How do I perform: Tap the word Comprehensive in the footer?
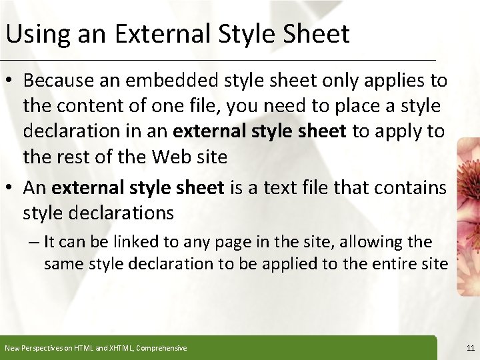161,348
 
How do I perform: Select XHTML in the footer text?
116,348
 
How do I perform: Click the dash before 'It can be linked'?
35,242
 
